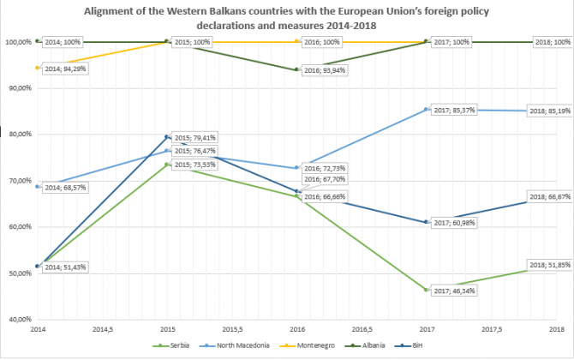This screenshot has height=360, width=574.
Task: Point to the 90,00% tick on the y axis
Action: (x=18, y=87)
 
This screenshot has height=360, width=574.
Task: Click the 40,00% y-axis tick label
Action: (x=18, y=319)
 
